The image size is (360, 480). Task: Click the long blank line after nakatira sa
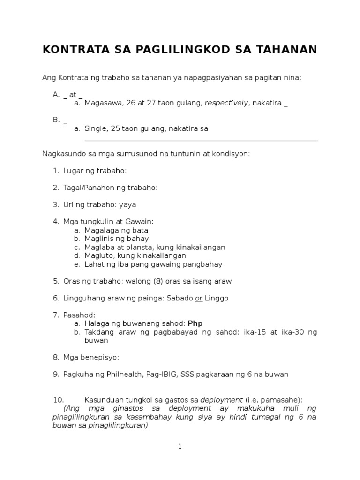[x=201, y=140]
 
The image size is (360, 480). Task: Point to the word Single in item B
[x=95, y=128]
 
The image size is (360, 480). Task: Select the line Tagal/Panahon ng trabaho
[x=111, y=187]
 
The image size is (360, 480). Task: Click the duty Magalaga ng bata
[x=116, y=230]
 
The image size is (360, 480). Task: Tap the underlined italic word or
[x=199, y=298]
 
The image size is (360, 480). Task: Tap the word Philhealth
[x=123, y=374]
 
